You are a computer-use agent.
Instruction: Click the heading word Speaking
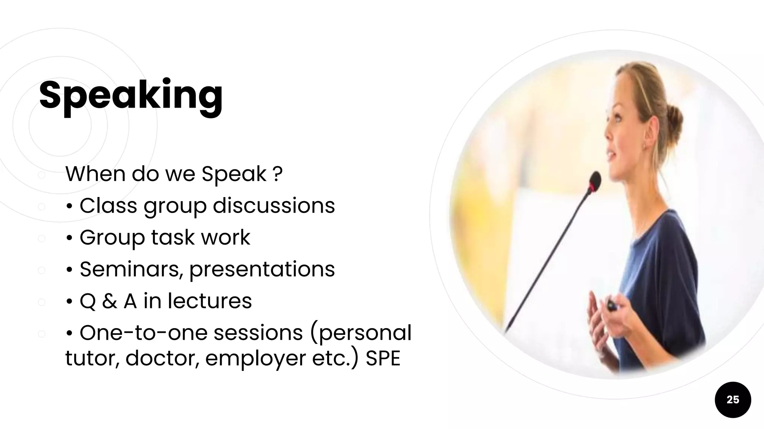point(131,95)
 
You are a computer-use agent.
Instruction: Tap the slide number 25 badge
point(733,400)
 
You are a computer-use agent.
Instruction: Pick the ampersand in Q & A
point(109,301)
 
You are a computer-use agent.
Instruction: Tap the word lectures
point(210,301)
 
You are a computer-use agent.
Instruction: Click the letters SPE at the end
point(383,358)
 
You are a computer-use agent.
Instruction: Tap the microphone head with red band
point(595,183)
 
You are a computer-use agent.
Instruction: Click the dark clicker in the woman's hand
point(612,305)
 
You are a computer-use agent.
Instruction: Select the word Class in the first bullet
point(109,206)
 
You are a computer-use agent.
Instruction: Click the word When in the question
point(95,174)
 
